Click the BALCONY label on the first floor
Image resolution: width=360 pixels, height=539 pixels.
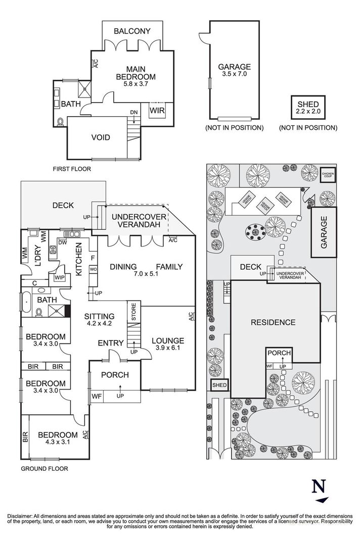(x=132, y=31)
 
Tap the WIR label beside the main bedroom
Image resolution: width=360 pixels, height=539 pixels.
(x=156, y=109)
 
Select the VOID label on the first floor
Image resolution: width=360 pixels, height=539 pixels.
(x=101, y=137)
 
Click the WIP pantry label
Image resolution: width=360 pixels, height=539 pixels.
(x=59, y=277)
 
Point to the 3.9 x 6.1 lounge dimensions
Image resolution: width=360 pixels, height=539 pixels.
(x=168, y=349)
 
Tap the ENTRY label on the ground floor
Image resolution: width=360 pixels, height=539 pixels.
(x=111, y=344)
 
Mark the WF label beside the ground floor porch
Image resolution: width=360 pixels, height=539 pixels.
(x=97, y=396)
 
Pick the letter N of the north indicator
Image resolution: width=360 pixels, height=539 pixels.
(x=318, y=486)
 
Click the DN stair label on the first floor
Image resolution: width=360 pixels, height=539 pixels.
(x=133, y=112)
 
